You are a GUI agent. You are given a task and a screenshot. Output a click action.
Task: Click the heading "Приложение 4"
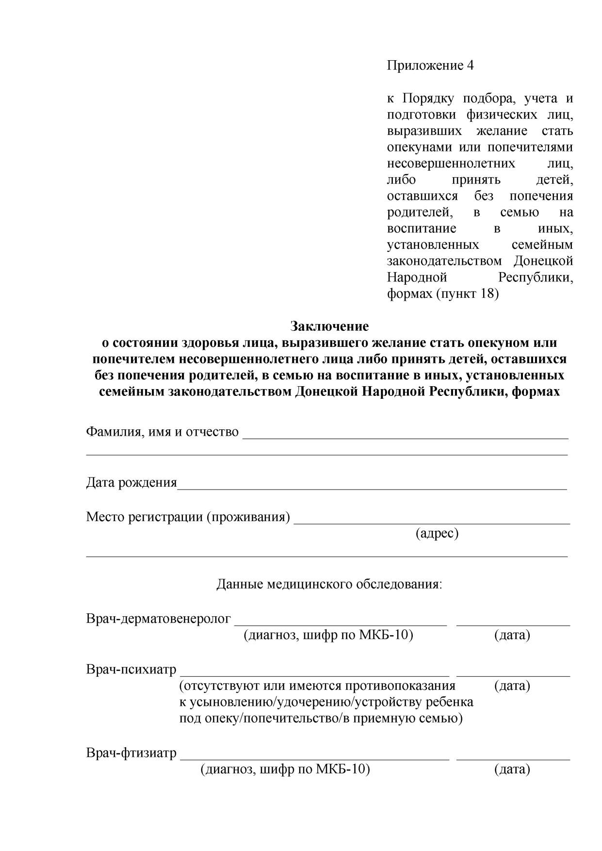click(x=430, y=65)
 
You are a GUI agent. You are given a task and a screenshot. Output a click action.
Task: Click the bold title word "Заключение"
click(x=329, y=326)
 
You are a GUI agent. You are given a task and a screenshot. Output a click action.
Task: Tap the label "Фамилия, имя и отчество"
click(x=162, y=431)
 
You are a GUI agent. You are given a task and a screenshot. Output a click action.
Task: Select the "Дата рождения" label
click(x=131, y=482)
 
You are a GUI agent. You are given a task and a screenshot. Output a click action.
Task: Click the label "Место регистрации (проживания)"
click(x=188, y=517)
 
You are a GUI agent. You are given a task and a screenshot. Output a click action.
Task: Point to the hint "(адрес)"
click(x=437, y=533)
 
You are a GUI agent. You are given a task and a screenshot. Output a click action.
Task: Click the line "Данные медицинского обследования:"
click(x=329, y=584)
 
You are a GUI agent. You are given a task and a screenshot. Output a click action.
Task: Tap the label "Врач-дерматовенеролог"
click(x=159, y=619)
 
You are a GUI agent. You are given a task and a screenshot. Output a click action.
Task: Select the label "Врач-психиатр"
click(x=131, y=670)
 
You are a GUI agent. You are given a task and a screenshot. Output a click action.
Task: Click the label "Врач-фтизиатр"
click(x=131, y=753)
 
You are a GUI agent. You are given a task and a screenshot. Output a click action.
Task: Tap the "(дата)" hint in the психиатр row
click(x=512, y=686)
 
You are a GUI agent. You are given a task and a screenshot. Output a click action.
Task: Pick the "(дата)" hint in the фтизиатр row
click(x=512, y=769)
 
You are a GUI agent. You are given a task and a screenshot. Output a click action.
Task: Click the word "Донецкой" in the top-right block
click(x=543, y=261)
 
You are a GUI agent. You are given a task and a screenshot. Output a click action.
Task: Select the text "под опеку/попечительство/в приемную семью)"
click(x=321, y=718)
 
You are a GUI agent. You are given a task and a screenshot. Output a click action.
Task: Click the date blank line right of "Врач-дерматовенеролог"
click(x=513, y=625)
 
